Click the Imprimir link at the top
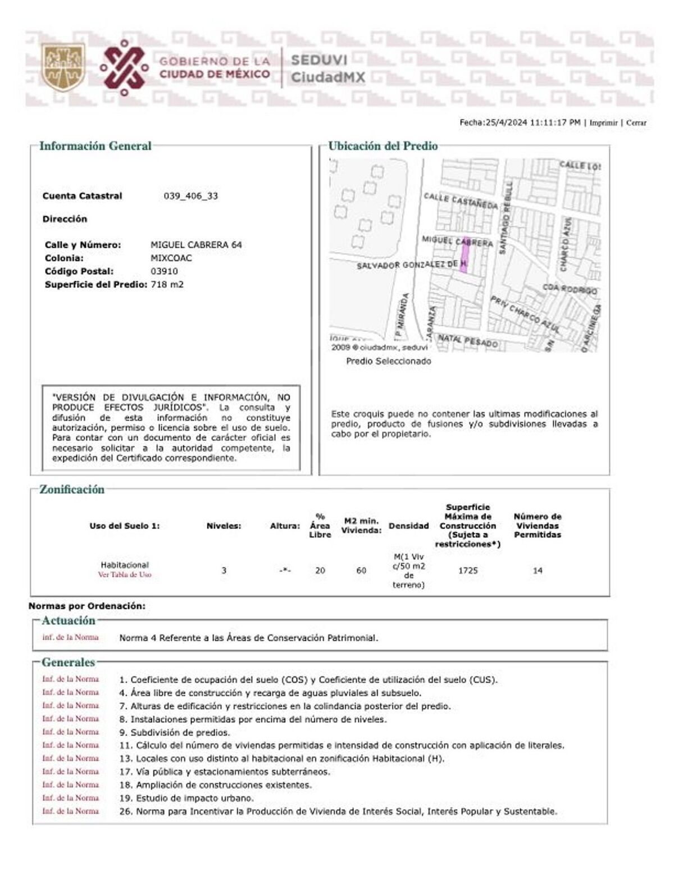pyautogui.click(x=603, y=123)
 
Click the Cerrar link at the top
pyautogui.click(x=636, y=123)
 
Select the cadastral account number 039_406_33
pyautogui.click(x=191, y=196)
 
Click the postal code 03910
pyautogui.click(x=164, y=271)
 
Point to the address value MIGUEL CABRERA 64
pyautogui.click(x=196, y=245)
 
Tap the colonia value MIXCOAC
pyautogui.click(x=171, y=258)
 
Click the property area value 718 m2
pyautogui.click(x=167, y=285)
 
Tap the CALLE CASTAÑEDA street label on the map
pyautogui.click(x=461, y=200)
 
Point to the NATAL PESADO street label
pyautogui.click(x=468, y=340)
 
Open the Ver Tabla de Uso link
pyautogui.click(x=125, y=575)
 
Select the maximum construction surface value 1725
pyautogui.click(x=468, y=570)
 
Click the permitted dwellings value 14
pyautogui.click(x=538, y=570)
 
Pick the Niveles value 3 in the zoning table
pyautogui.click(x=224, y=570)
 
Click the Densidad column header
pyautogui.click(x=408, y=526)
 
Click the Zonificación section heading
pyautogui.click(x=72, y=490)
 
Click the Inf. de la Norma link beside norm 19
pyautogui.click(x=70, y=798)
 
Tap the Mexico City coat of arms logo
pyautogui.click(x=63, y=66)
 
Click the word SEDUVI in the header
pyautogui.click(x=319, y=60)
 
